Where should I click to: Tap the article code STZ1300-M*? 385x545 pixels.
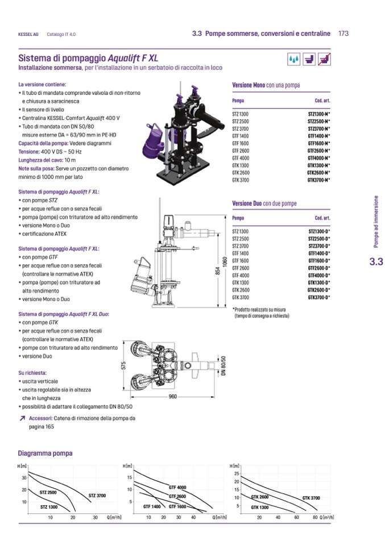[318, 114]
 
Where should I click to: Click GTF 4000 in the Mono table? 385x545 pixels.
[241, 157]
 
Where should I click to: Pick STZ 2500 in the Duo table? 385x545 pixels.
[241, 239]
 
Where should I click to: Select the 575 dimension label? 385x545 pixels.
[123, 367]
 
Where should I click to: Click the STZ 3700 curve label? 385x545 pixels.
[97, 496]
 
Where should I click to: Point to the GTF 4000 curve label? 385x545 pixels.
[177, 488]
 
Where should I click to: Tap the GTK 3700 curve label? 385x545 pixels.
[311, 498]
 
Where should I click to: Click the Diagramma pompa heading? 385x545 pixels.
[45, 453]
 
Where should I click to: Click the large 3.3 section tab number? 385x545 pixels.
[376, 262]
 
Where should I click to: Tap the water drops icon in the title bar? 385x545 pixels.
[293, 59]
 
